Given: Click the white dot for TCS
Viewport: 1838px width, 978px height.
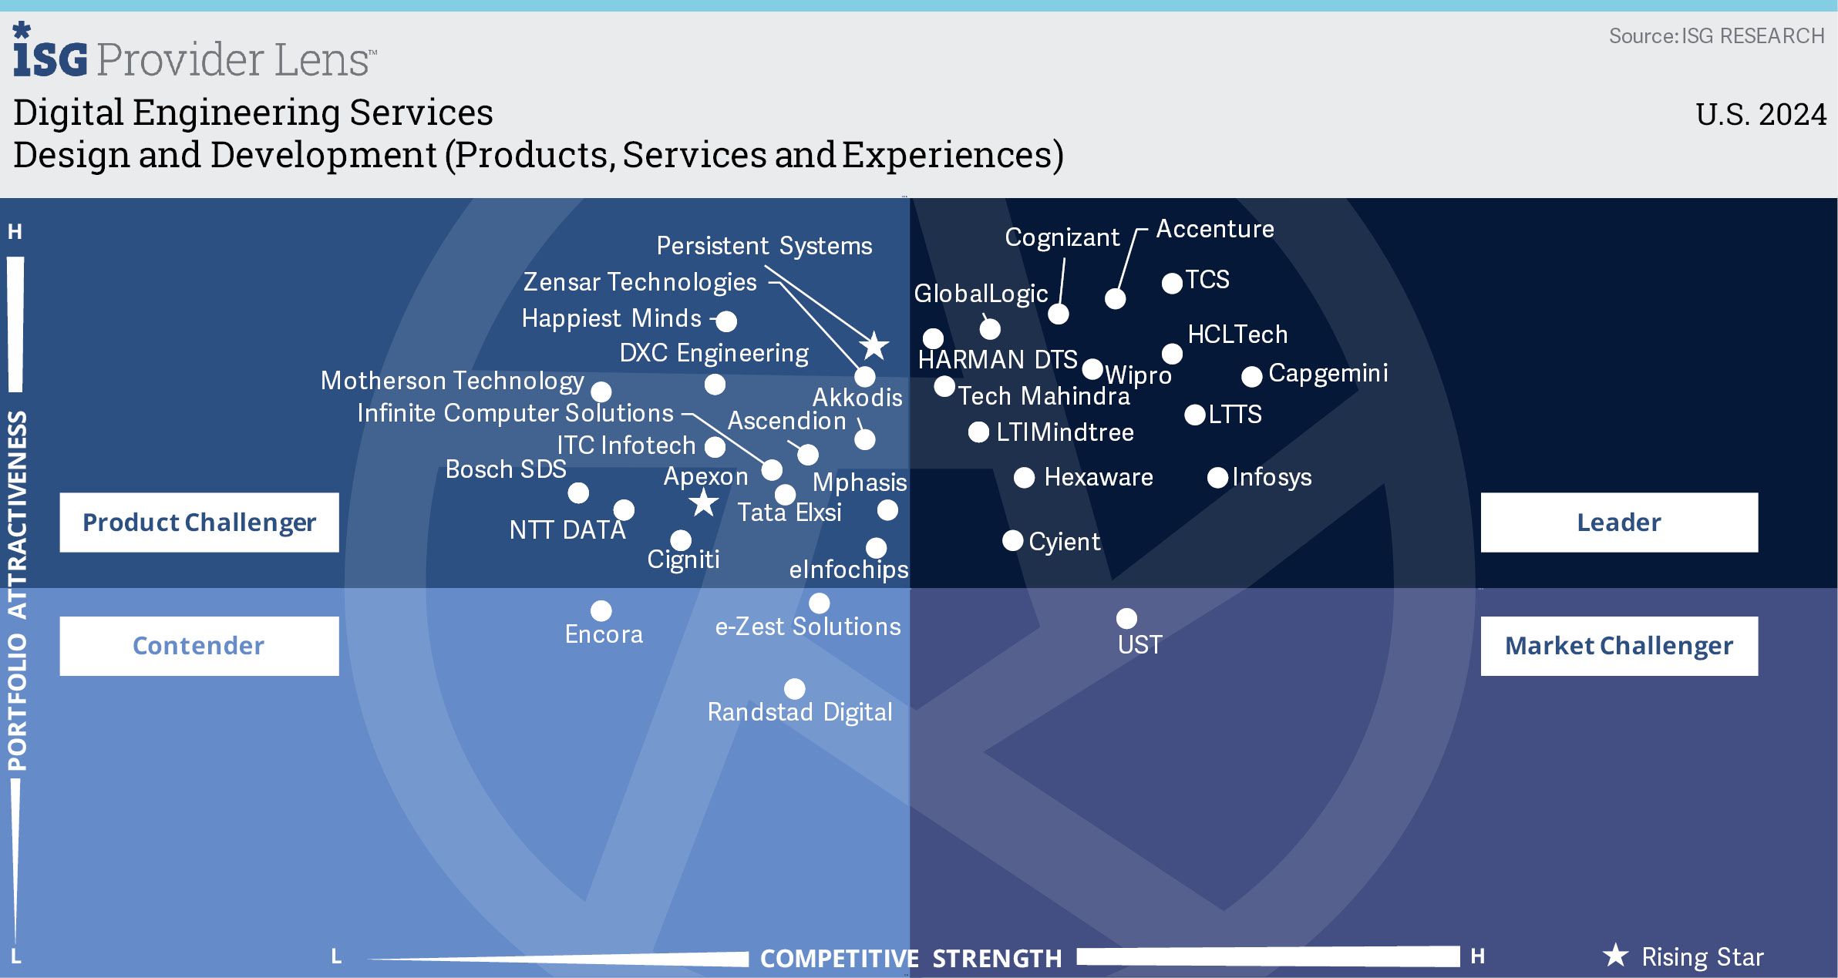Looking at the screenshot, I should (x=1172, y=283).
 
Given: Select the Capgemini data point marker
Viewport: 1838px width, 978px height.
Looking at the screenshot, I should (x=1251, y=376).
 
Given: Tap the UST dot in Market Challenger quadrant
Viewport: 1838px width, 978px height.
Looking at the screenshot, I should (x=1126, y=618).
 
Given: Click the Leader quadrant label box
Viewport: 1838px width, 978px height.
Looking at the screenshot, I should (x=1618, y=523).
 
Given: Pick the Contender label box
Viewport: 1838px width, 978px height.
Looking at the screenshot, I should (x=199, y=646).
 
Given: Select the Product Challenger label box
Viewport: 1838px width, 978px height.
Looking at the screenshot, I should (x=199, y=523).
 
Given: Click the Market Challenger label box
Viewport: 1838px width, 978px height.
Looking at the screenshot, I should (x=1618, y=646).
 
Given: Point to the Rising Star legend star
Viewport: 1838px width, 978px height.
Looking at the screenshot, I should (x=1615, y=956).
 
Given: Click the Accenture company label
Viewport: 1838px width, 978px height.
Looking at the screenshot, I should (x=1214, y=229).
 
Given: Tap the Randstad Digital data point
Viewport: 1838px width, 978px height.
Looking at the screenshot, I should (x=794, y=688).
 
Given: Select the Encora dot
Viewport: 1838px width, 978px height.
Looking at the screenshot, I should (x=601, y=610).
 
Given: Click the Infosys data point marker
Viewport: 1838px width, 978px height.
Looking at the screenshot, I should (x=1217, y=478).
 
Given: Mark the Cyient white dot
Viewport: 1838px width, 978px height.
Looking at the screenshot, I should (x=1012, y=540).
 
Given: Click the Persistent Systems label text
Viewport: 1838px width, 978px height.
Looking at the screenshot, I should (x=764, y=246).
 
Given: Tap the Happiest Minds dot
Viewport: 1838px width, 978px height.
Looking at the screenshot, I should (x=726, y=321).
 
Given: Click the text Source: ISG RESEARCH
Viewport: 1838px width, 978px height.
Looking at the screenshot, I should (x=1716, y=36).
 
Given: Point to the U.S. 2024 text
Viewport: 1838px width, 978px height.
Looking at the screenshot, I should (x=1760, y=115).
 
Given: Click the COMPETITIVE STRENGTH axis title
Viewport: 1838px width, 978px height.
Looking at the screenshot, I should (x=911, y=958).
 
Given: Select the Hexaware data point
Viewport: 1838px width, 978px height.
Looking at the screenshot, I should (x=1024, y=478).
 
